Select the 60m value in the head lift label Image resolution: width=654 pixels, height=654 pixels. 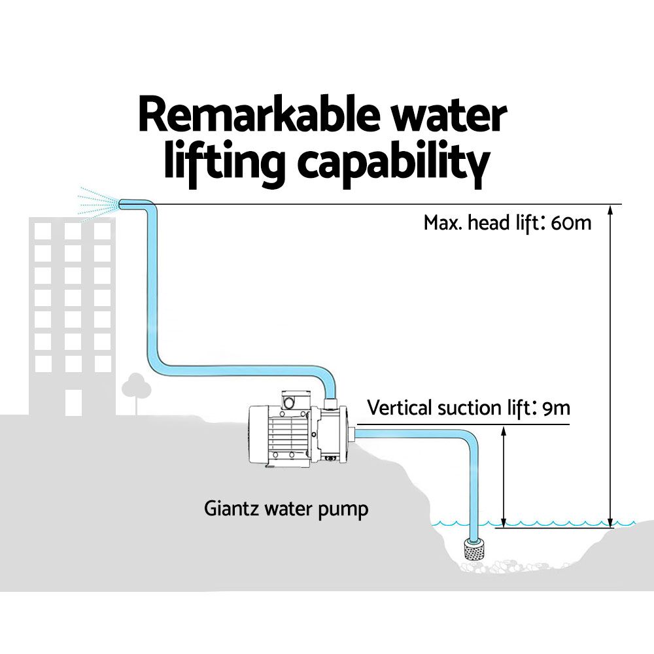coord(571,223)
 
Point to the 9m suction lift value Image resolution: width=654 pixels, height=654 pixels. coord(557,408)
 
